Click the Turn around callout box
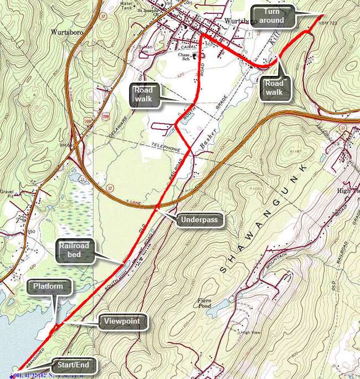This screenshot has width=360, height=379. pos(274,16)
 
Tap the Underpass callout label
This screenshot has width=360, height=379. pos(202,220)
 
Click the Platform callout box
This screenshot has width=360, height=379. pos(52,286)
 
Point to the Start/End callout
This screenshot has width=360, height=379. pos(75,366)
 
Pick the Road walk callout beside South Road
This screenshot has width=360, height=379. pos(146,95)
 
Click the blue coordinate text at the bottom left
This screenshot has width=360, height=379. pos(50,375)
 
